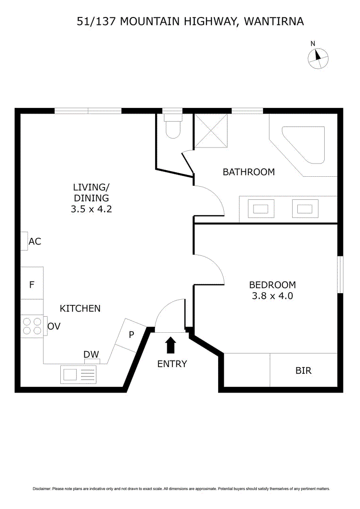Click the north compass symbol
point(318,58)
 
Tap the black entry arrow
point(171,345)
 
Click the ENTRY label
point(172,364)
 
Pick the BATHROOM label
point(248,172)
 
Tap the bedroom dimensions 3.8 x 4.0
point(272,296)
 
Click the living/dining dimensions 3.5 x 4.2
point(91,209)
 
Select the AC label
point(35,241)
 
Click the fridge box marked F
point(32,284)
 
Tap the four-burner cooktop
point(32,326)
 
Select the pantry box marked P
point(131,335)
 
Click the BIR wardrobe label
point(303,370)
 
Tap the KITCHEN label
point(80,308)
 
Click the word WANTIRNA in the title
point(274,21)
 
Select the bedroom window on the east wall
point(340,274)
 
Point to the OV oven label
point(54,326)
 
